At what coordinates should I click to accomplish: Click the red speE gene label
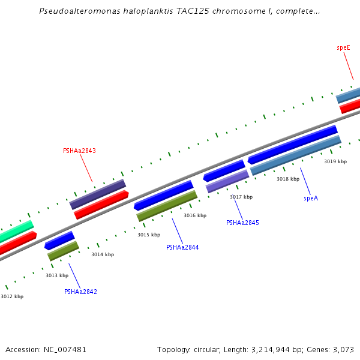(x=343, y=47)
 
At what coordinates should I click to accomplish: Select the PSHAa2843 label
(x=79, y=151)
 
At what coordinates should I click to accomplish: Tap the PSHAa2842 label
(x=80, y=292)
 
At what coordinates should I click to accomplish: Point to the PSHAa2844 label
(x=182, y=247)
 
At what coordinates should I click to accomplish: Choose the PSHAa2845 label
(x=242, y=223)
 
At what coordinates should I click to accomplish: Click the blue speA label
(x=311, y=198)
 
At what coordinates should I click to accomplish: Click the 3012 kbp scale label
(x=12, y=296)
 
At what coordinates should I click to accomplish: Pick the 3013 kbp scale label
(x=57, y=275)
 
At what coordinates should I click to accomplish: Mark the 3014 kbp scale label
(x=103, y=254)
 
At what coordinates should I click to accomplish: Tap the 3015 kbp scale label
(x=149, y=235)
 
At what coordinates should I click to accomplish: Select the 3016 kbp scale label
(x=195, y=215)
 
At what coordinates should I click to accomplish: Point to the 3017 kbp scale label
(x=241, y=197)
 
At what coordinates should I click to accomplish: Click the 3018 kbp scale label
(x=288, y=179)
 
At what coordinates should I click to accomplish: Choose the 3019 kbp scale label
(x=335, y=161)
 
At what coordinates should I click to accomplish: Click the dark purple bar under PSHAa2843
(x=97, y=194)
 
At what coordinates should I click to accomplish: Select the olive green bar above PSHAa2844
(x=167, y=206)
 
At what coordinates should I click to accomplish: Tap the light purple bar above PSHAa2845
(x=227, y=181)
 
